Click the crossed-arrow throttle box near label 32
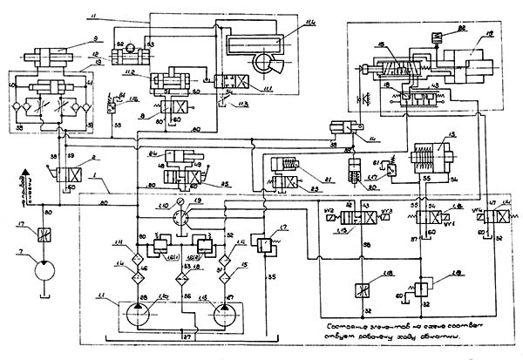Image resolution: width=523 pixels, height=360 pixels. coord(361,290)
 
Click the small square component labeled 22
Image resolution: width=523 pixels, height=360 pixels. coord(460,31)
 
